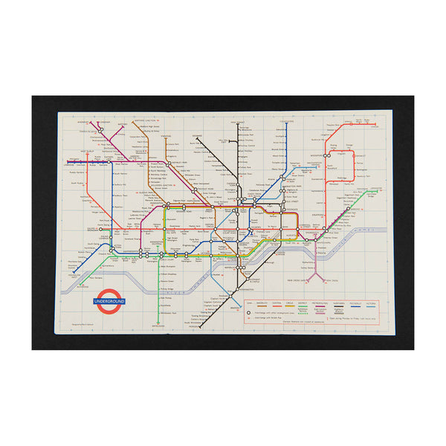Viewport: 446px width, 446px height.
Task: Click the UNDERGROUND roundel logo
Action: [x=109, y=303]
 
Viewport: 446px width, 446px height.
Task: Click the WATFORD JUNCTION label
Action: [x=147, y=122]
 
